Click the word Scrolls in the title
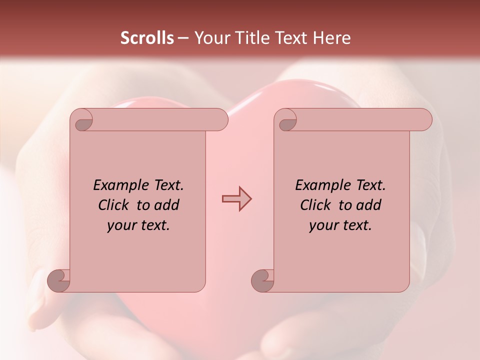[147, 38]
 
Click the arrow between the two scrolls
[236, 199]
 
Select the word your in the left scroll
[120, 226]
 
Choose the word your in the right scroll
[322, 226]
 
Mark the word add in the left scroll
[167, 205]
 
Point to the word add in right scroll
[369, 205]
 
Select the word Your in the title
[210, 38]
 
